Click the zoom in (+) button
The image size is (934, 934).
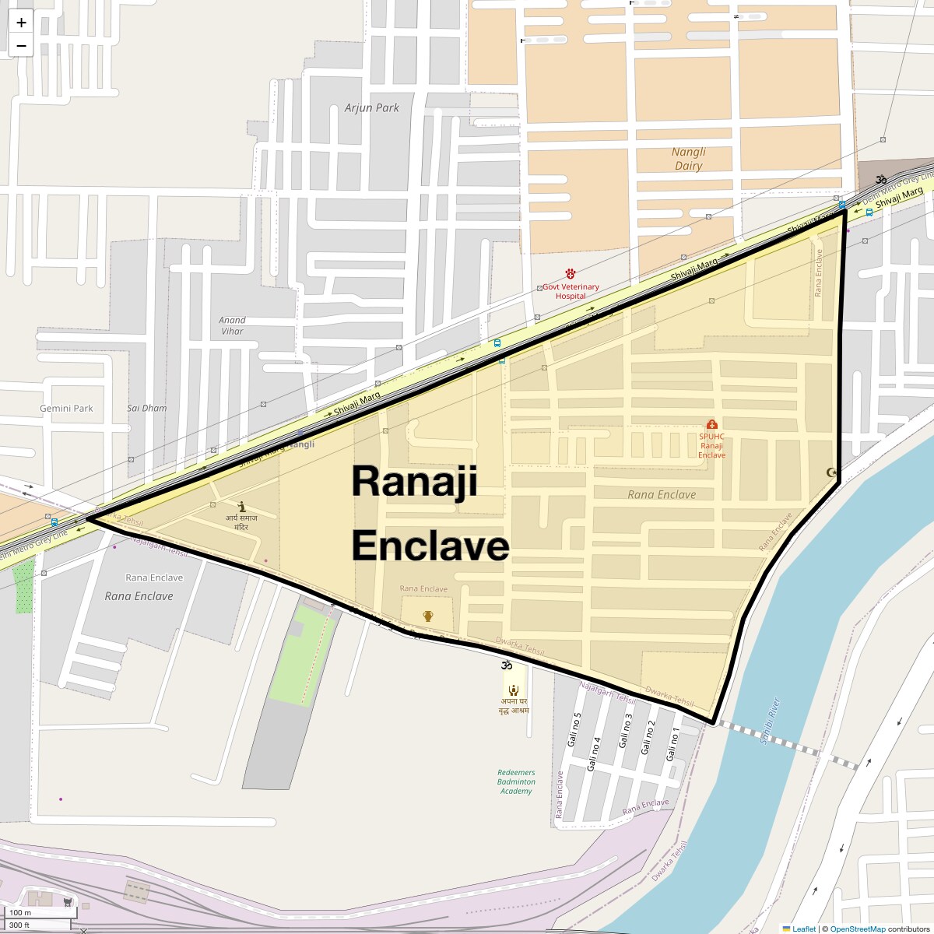tap(21, 22)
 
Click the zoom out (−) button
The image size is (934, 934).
tap(21, 45)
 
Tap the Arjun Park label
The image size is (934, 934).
tap(371, 107)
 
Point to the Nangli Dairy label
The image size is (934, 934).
tap(689, 159)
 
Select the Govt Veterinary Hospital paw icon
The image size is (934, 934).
tap(571, 274)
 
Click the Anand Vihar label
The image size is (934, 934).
tap(232, 325)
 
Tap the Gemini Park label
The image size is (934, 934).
tap(66, 408)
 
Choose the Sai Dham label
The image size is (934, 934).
tap(146, 408)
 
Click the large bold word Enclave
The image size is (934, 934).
tap(430, 546)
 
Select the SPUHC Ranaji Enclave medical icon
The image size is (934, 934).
tap(711, 425)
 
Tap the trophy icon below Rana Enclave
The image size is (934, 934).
tap(427, 616)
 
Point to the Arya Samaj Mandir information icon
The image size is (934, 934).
tap(241, 506)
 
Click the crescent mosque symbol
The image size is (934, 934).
tap(831, 472)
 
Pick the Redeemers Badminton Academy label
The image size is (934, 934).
tap(516, 781)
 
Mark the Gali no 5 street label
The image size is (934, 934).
tap(574, 729)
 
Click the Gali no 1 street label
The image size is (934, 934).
tap(672, 744)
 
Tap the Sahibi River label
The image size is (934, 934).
tap(769, 721)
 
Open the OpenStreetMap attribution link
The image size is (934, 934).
tap(857, 929)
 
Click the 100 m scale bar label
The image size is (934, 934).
tap(21, 912)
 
